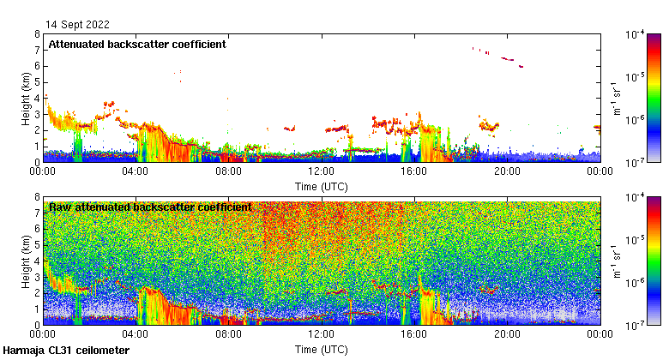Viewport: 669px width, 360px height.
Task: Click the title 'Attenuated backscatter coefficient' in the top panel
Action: coord(137,44)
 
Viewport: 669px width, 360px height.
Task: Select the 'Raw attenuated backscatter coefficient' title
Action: coord(150,207)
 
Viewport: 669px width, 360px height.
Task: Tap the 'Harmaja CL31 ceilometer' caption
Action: coord(66,351)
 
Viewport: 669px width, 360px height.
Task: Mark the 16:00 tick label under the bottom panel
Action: coord(413,335)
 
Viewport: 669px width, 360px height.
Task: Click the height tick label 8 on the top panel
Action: coord(37,34)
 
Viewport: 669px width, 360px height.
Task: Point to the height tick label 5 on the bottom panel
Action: coord(37,245)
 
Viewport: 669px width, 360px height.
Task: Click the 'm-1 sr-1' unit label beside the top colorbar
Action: coord(614,99)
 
